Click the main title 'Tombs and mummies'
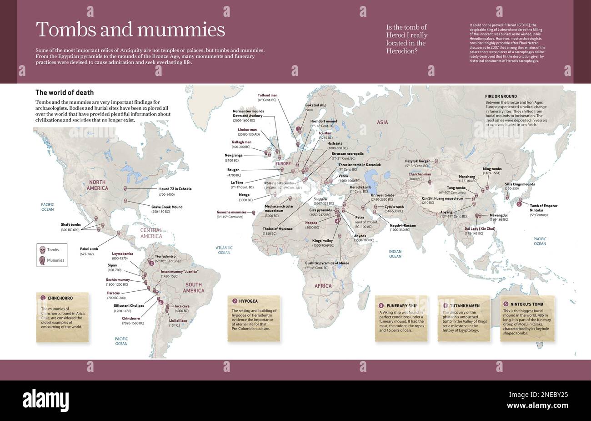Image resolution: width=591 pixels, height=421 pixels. [x=130, y=30]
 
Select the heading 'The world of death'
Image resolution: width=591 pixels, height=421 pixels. [x=58, y=92]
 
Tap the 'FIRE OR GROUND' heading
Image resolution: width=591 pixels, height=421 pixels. [x=501, y=96]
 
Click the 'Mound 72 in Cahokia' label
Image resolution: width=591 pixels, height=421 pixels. [x=175, y=188]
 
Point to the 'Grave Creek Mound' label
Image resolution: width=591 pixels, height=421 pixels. [x=166, y=207]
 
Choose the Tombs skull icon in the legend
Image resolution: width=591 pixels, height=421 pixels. [x=43, y=250]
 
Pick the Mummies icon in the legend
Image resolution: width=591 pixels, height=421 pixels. [x=43, y=260]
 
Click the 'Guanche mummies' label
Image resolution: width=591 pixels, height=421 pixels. [x=231, y=212]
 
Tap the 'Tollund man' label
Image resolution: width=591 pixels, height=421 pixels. [x=267, y=95]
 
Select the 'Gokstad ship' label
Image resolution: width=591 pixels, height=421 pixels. [x=316, y=105]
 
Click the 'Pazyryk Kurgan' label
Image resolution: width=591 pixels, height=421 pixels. [x=417, y=161]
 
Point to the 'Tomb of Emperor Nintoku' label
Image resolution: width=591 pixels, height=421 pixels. [x=543, y=208]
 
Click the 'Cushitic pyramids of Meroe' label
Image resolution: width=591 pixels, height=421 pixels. [x=327, y=263]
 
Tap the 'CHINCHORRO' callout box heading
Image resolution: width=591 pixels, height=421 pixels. [x=60, y=298]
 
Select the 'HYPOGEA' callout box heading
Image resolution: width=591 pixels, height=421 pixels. [x=248, y=301]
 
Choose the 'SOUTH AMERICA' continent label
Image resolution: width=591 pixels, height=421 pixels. [x=194, y=288]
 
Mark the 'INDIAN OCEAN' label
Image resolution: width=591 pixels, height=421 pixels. [x=395, y=254]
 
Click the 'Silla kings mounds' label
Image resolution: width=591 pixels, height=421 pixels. [x=520, y=184]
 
